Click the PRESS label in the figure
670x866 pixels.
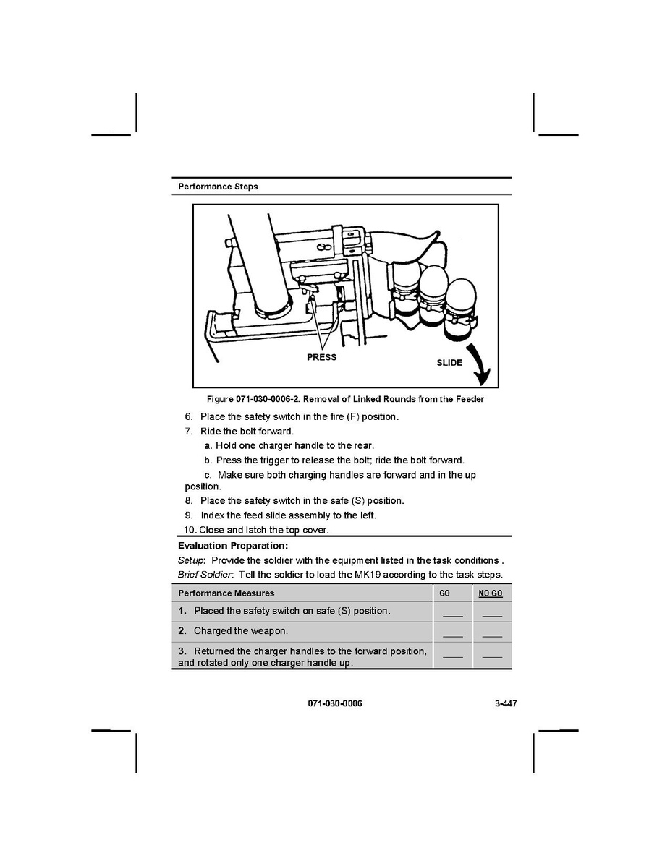click(x=321, y=357)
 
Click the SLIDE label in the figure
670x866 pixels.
click(x=449, y=362)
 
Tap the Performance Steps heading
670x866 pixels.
click(x=218, y=187)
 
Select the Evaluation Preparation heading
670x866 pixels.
click(x=233, y=546)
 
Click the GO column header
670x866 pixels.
click(x=445, y=593)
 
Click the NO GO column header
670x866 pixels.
click(x=491, y=593)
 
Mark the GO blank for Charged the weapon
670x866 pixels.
click(x=452, y=634)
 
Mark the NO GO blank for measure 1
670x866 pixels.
click(x=492, y=614)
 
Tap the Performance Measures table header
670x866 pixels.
click(x=226, y=593)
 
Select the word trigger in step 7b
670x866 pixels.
click(x=286, y=460)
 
